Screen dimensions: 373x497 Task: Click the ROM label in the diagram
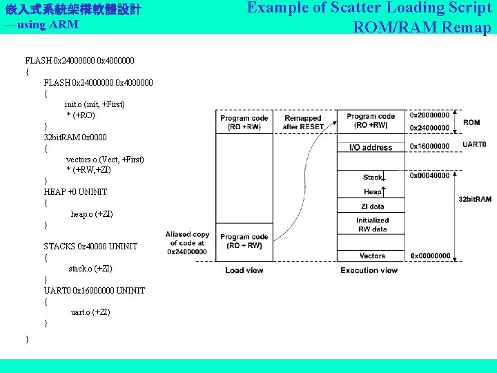coord(471,122)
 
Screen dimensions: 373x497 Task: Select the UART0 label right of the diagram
coord(474,145)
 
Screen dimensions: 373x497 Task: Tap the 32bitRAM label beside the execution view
coord(474,199)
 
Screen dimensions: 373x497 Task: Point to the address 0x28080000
coord(429,115)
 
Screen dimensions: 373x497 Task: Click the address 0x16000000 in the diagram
coord(429,146)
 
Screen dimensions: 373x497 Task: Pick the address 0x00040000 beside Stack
coord(429,176)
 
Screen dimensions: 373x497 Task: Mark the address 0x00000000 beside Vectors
coord(430,256)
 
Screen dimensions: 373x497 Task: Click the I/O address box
coord(371,147)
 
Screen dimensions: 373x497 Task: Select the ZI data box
coord(372,207)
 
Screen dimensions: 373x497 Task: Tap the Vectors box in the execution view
coord(372,256)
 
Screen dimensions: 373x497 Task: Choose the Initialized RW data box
coord(372,224)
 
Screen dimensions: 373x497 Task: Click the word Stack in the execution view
coord(372,178)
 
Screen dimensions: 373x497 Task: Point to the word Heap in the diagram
coord(371,191)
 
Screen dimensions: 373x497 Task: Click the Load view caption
coord(244,270)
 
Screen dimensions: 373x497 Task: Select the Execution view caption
coord(369,270)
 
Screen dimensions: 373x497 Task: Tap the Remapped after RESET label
coord(302,122)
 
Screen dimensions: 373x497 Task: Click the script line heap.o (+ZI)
coord(92,214)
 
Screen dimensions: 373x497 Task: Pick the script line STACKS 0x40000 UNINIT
coord(90,247)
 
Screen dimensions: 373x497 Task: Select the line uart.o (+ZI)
coord(90,312)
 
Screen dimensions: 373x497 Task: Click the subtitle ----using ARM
coord(41,25)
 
